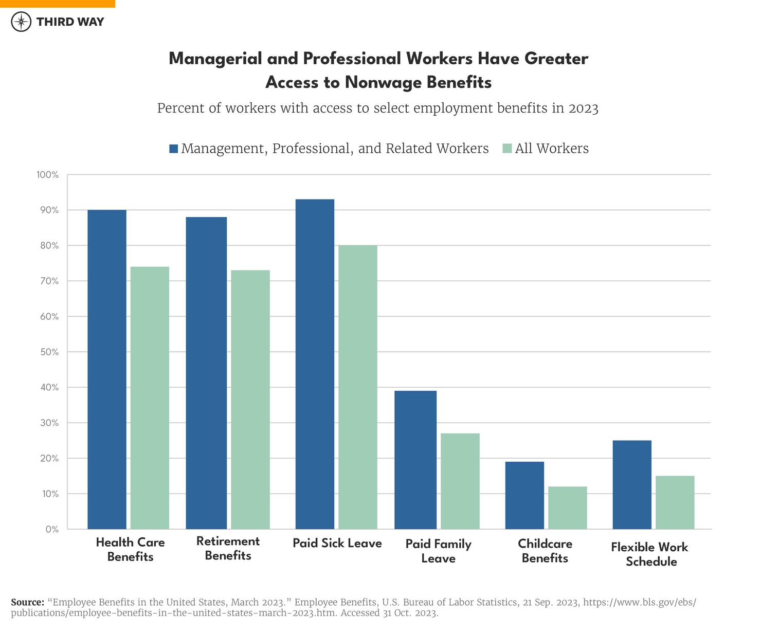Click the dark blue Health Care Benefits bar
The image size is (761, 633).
coord(107,369)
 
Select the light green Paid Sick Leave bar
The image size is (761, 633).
coord(357,387)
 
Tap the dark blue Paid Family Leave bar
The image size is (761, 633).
coord(415,460)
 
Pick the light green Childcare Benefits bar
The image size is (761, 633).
coord(567,508)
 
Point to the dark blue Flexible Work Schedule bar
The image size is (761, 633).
coord(632,484)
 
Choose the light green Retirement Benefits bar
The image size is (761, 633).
coord(250,400)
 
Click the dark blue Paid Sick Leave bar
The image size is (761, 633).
coord(315,364)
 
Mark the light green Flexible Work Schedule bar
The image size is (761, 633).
coord(675,502)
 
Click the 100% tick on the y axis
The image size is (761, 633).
coord(48,175)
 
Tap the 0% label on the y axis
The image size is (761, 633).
coord(52,529)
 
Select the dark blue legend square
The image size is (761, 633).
coord(174,149)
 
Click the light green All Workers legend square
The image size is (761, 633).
coord(508,149)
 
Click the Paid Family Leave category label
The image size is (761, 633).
coord(438,551)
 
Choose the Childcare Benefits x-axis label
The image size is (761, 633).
coord(545,551)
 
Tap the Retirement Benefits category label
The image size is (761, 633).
coord(228,548)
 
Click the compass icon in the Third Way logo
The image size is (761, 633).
coord(21,22)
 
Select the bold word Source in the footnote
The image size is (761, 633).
coord(27,602)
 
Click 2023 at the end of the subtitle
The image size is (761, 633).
coord(583,108)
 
